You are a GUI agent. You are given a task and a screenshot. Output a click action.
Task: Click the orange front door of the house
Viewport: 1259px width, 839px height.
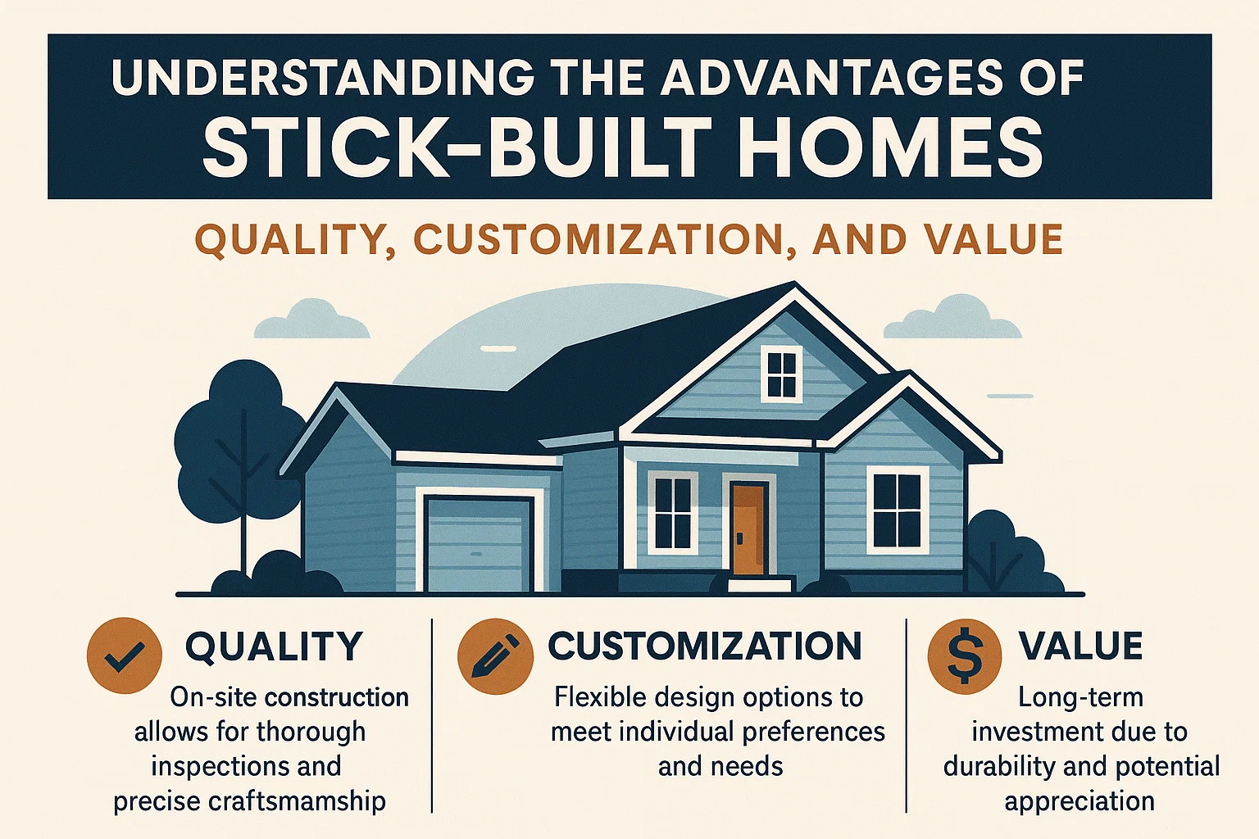(749, 528)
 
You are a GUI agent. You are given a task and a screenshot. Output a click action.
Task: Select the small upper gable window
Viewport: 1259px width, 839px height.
(781, 374)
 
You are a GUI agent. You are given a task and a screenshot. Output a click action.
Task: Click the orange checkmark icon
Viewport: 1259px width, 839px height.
(125, 655)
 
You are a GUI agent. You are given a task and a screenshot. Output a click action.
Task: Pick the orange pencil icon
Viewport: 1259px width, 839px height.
(490, 655)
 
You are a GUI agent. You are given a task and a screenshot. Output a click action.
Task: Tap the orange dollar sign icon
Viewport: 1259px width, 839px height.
(964, 656)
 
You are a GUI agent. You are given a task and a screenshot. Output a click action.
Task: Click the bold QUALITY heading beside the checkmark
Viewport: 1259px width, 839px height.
(274, 647)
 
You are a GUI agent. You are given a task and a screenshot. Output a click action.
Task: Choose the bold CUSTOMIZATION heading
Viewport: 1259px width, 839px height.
(705, 646)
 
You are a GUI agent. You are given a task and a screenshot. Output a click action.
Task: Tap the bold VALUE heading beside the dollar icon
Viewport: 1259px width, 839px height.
(1080, 646)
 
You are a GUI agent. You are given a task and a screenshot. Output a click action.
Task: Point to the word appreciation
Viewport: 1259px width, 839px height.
(1079, 801)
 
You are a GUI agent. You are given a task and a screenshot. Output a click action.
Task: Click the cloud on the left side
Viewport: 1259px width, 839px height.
(311, 321)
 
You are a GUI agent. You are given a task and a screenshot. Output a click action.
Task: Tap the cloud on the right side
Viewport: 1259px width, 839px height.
(952, 320)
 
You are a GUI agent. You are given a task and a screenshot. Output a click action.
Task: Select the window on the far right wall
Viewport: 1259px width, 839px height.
(898, 510)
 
